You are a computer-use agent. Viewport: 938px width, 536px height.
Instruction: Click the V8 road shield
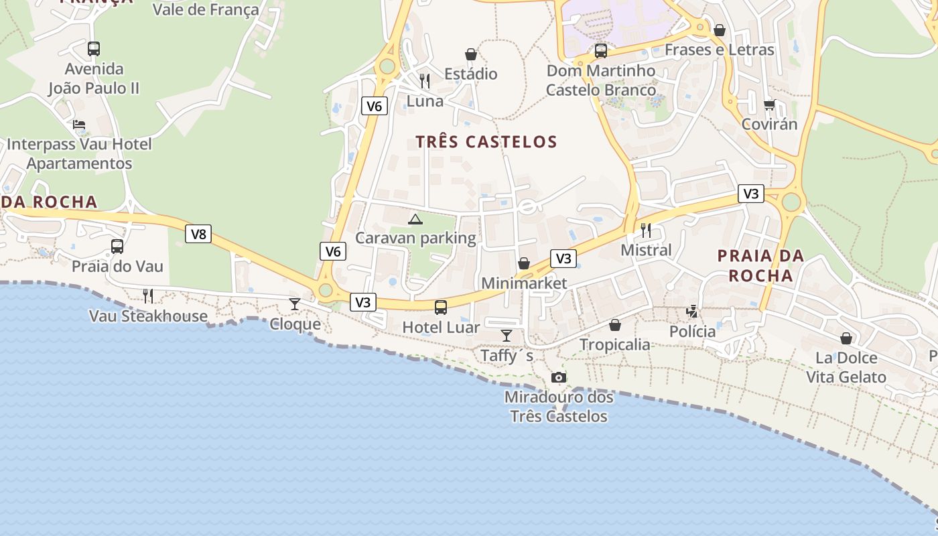click(198, 234)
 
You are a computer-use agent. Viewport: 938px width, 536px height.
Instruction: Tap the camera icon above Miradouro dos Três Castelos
click(558, 378)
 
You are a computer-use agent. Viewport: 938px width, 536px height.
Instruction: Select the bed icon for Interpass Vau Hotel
click(79, 125)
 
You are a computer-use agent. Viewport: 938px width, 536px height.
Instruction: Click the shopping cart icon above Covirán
click(769, 105)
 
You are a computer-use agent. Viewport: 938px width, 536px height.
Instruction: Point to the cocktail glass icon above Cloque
click(295, 304)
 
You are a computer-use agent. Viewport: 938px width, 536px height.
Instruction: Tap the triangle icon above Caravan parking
click(415, 218)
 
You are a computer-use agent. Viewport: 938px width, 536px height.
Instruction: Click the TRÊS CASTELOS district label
click(486, 142)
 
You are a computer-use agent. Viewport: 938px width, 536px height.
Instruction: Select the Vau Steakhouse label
click(148, 316)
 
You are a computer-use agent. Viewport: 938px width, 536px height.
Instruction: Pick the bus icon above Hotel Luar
click(440, 308)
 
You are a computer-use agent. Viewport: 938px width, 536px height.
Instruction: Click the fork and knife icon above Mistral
click(646, 230)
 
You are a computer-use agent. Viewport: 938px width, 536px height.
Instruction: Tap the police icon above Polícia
click(692, 312)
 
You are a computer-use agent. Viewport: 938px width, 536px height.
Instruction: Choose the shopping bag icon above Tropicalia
click(614, 326)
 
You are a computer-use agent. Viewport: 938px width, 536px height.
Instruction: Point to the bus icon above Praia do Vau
click(117, 247)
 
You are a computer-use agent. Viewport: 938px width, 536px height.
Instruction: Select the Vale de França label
click(206, 10)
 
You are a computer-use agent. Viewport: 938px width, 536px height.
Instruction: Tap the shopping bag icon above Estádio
click(471, 54)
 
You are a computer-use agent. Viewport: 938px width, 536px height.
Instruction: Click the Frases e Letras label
click(719, 50)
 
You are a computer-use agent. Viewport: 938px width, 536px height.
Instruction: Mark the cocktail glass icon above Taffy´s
click(507, 336)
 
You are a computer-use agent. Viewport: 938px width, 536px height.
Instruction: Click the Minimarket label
click(524, 283)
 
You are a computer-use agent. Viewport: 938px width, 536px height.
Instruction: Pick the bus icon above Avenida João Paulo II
click(94, 49)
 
